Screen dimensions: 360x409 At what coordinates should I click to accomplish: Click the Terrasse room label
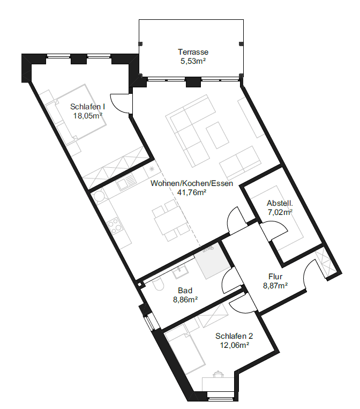193,52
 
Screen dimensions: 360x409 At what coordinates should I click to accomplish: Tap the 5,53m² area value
193,61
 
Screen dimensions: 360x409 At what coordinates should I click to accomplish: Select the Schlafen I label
87,107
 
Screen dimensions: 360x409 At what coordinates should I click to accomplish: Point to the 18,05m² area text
87,116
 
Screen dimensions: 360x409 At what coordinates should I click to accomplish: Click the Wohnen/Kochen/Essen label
192,183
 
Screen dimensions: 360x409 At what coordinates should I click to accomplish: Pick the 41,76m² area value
192,192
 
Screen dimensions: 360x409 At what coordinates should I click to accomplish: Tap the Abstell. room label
280,203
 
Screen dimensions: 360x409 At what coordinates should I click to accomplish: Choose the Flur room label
275,277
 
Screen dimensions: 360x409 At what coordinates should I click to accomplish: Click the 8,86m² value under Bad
185,300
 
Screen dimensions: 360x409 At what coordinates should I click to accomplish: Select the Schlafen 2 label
234,336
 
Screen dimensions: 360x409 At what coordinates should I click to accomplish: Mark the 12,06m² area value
234,345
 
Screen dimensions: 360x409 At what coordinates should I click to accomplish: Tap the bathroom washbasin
181,272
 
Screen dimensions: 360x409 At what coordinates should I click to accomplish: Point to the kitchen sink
126,182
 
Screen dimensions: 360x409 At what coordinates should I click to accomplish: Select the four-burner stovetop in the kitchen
115,226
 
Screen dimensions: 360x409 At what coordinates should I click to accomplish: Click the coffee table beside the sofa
217,135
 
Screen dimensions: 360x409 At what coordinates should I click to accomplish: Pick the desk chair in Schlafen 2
218,374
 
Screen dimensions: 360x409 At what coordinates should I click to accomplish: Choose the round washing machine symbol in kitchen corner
99,196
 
